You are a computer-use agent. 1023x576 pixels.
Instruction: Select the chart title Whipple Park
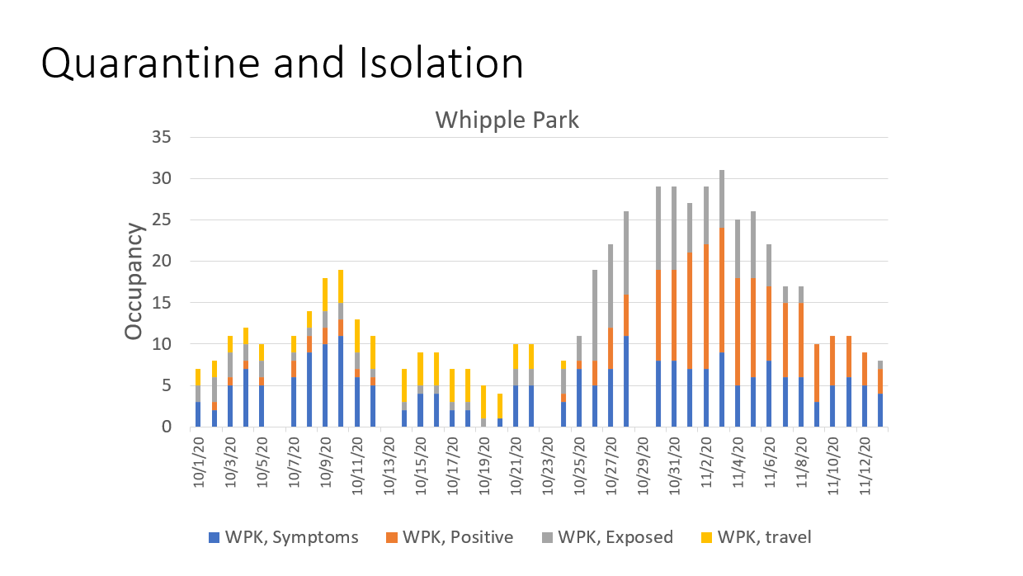(507, 120)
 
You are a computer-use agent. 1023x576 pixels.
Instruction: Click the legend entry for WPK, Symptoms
(284, 537)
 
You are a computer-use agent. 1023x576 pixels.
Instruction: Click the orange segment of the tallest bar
(722, 289)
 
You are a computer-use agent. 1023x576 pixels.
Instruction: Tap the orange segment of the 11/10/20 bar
(833, 361)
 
